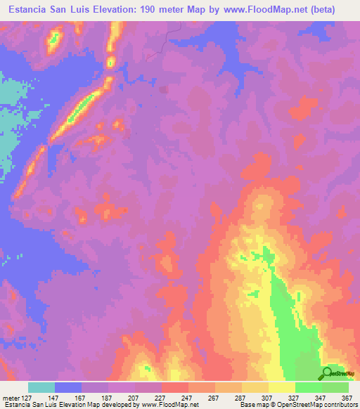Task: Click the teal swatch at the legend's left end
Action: (x=41, y=387)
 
